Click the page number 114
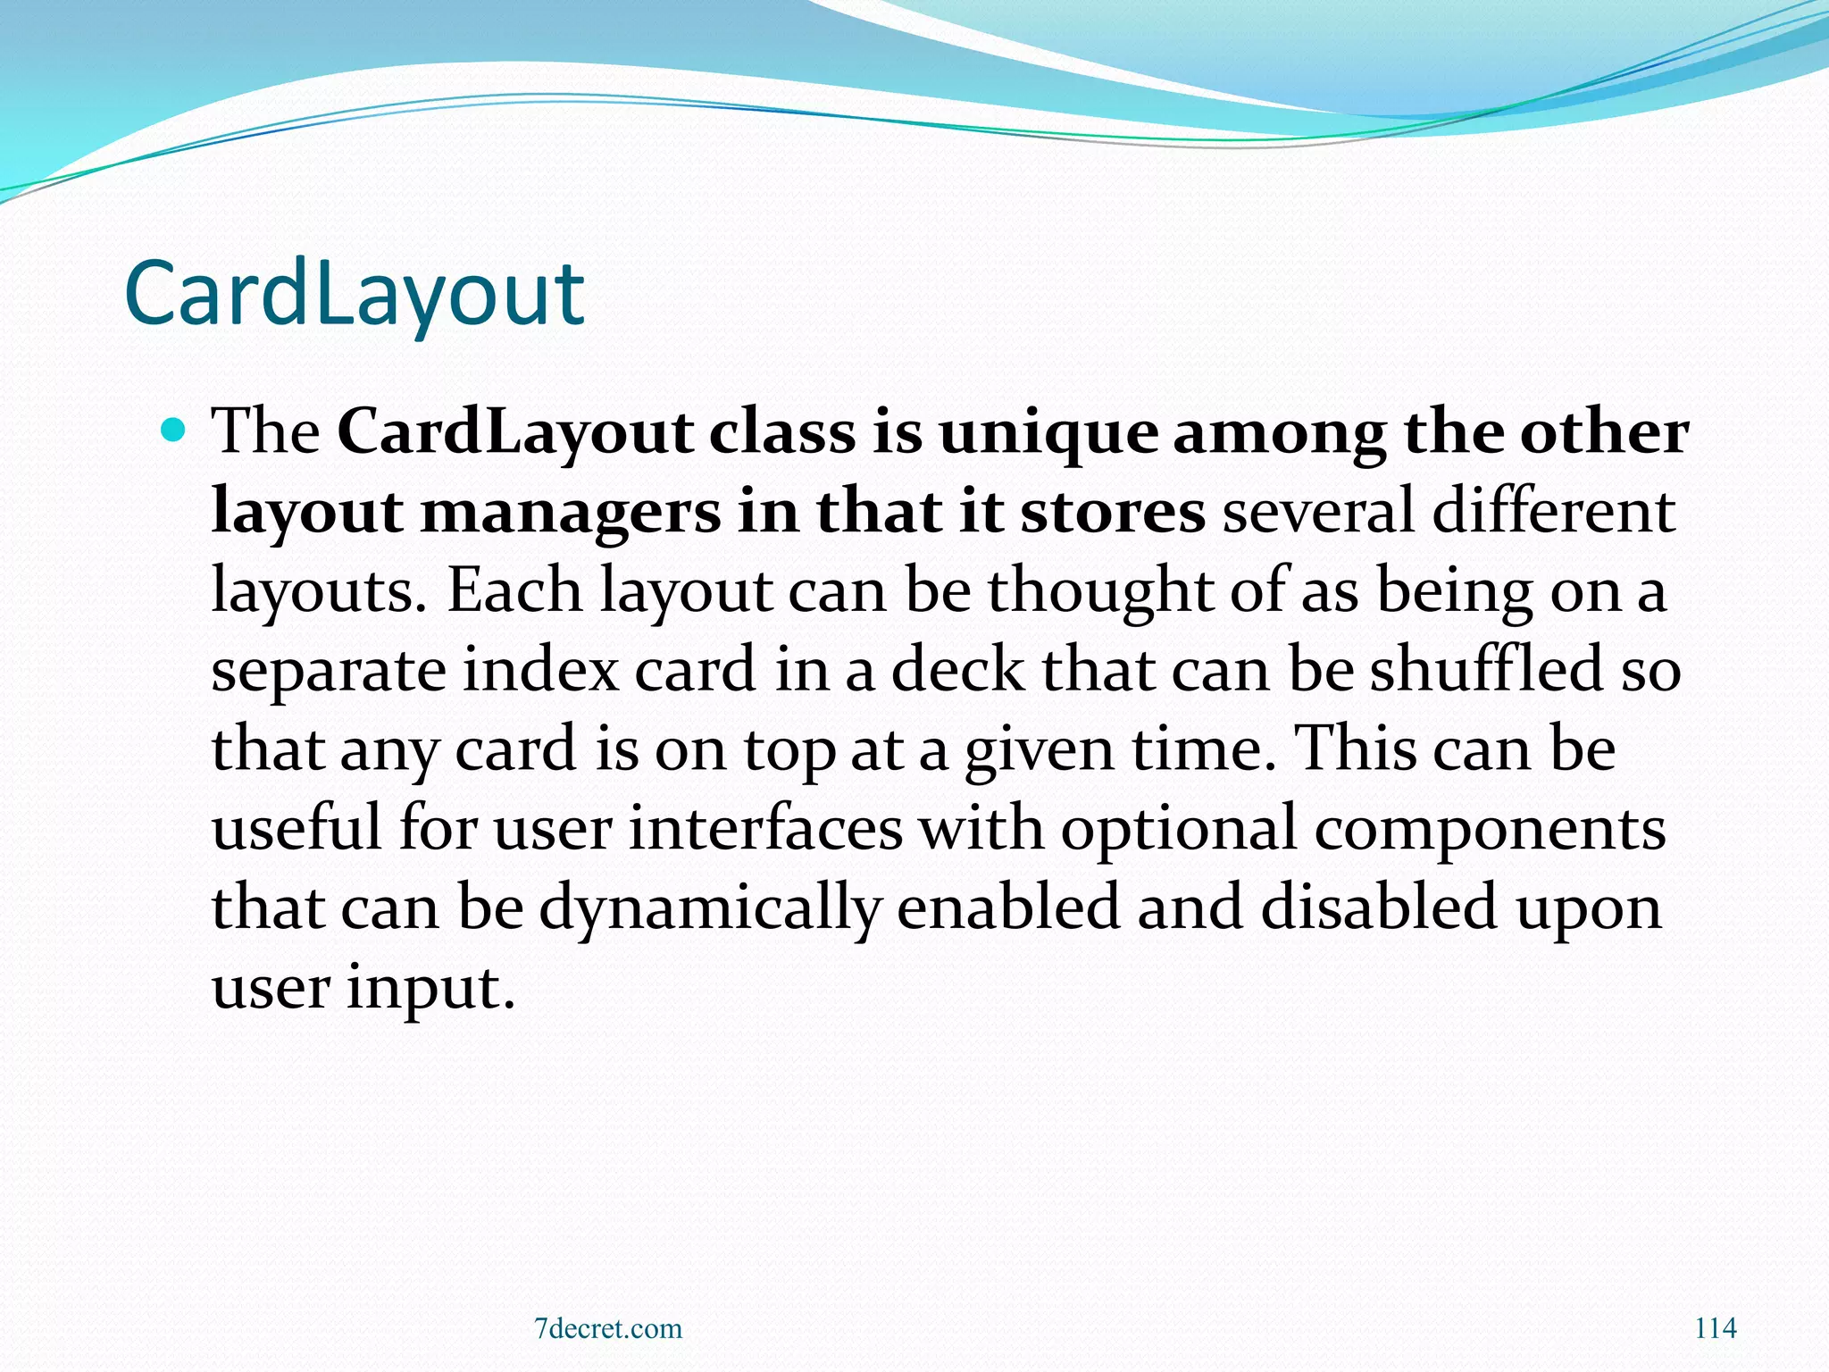1715,1328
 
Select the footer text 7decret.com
607,1328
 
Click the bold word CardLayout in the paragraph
515,433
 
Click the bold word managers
569,514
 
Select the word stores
1112,512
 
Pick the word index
540,670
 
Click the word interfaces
765,828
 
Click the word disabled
1379,907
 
